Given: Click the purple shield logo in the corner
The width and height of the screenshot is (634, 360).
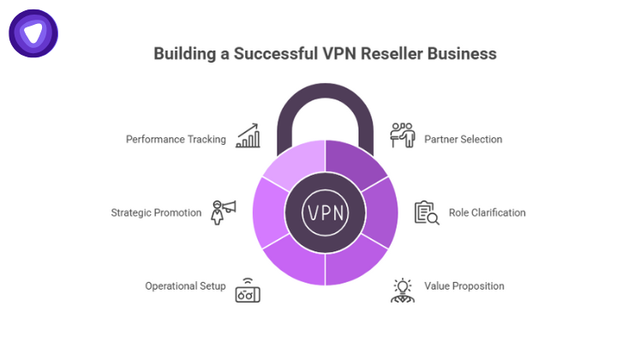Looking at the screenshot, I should [x=33, y=34].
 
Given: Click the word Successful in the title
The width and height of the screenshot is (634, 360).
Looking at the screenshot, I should [x=262, y=54].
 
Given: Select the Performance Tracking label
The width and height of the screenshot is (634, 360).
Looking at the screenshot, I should [x=176, y=139].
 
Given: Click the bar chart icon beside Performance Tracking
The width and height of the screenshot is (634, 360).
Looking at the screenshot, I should [x=248, y=135].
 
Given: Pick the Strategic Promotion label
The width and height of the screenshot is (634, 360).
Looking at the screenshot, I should [x=156, y=213].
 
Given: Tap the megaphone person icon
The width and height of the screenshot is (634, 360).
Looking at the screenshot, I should [x=223, y=211].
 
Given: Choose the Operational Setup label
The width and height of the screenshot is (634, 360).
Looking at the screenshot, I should [x=185, y=286].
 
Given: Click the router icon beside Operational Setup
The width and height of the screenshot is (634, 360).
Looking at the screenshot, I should [x=248, y=290].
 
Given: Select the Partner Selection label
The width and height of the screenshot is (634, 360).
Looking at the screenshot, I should [x=464, y=139].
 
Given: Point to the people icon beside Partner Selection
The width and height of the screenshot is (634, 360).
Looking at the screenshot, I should [x=403, y=135].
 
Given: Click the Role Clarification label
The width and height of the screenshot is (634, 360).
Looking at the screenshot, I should [x=487, y=213].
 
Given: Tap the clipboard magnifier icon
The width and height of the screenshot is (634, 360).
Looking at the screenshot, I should [x=426, y=213].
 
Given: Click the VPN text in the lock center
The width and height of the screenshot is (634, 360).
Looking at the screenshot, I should [x=326, y=212].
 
